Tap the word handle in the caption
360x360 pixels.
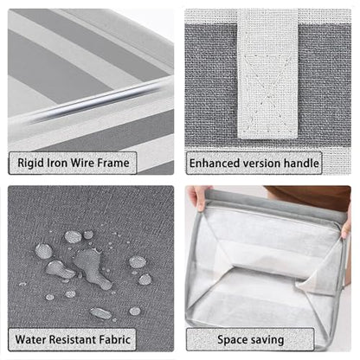click(301, 164)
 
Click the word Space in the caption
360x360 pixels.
click(231, 340)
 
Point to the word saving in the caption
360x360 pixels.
click(266, 340)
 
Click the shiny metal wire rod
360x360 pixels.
click(95, 101)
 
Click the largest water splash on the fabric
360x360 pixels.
click(92, 267)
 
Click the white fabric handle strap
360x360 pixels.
click(267, 74)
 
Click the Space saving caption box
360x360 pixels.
click(250, 339)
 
